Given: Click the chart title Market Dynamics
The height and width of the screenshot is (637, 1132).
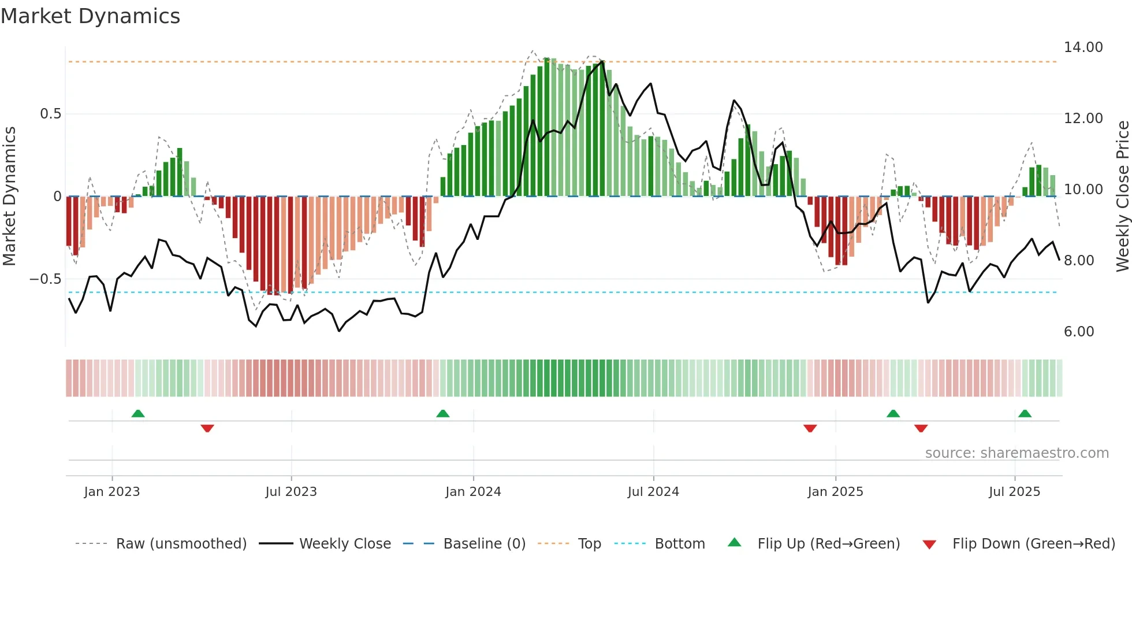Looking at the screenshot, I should tap(90, 16).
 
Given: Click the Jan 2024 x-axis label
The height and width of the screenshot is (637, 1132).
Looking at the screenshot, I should tap(473, 492).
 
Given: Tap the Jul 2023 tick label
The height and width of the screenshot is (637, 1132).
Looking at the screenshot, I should tap(291, 492).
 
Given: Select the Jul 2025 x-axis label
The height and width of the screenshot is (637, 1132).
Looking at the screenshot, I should tap(1014, 492).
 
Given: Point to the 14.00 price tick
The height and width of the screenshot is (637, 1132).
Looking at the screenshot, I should tap(1083, 47).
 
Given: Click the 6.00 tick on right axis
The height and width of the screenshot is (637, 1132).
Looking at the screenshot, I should tap(1078, 332).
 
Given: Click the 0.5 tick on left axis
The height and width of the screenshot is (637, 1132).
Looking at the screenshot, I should tap(50, 114).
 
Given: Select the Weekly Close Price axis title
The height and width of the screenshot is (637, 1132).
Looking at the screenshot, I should tap(1122, 196).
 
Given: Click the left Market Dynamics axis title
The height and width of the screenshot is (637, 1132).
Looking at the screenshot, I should tap(9, 196).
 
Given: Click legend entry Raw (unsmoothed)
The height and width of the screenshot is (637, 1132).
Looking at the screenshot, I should tap(181, 544).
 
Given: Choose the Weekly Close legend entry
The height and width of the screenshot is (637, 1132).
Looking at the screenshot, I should tap(345, 544).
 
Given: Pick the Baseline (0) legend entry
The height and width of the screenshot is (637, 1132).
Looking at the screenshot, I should tap(484, 544).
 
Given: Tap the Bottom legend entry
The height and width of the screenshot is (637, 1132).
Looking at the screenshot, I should tap(679, 544).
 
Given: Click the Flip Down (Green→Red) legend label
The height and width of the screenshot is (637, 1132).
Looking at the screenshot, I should tap(1033, 544).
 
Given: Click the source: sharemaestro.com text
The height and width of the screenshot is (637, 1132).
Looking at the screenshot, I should tap(1016, 453).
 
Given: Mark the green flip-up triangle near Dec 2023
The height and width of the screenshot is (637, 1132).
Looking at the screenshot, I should tap(443, 414).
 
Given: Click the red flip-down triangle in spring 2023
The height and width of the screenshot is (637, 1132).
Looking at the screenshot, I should tap(207, 428).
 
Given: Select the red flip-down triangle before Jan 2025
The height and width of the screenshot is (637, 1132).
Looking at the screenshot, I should tap(810, 428).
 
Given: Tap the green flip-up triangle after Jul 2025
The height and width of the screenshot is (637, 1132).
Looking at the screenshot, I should tap(1025, 414).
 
